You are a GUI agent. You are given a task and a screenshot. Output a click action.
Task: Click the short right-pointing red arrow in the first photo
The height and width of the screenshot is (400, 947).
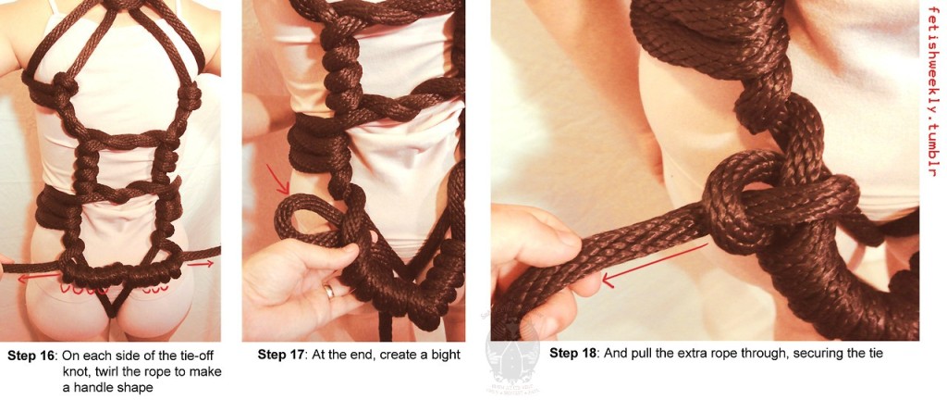pos(202,265)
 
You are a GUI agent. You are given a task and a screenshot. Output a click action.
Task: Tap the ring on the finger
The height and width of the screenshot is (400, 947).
pos(328,291)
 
